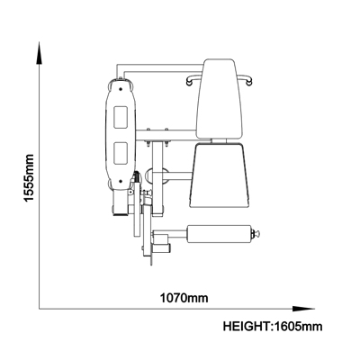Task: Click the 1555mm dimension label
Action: (x=29, y=178)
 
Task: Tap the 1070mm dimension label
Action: (x=184, y=298)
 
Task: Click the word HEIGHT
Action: (x=246, y=326)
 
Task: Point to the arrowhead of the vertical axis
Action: (x=40, y=53)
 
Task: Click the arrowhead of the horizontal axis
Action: (x=303, y=309)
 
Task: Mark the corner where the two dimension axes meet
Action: (x=40, y=309)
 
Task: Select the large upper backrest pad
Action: (x=219, y=99)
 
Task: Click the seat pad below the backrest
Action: (x=220, y=175)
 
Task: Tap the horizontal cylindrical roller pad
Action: (x=220, y=234)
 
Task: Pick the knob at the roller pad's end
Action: (x=256, y=233)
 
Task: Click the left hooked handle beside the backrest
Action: (x=193, y=79)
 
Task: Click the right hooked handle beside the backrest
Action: (x=246, y=79)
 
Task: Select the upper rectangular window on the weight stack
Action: (x=121, y=117)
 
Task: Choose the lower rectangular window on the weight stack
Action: (x=121, y=153)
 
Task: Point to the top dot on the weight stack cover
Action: (x=121, y=89)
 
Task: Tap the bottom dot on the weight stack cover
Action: (x=121, y=181)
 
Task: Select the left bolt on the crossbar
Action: (x=148, y=130)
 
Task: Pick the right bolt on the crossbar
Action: (x=166, y=130)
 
